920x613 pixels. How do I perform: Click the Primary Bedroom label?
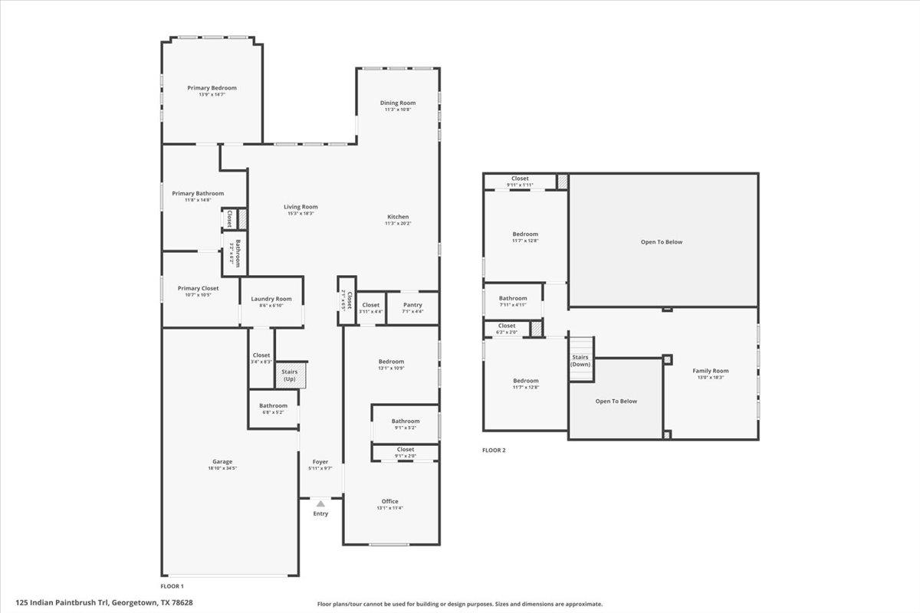click(x=212, y=88)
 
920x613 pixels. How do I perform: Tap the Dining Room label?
click(x=398, y=103)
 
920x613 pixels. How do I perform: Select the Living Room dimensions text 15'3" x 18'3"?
click(x=301, y=214)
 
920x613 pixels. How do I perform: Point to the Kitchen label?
click(x=398, y=217)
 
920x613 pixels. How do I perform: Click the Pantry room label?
click(x=412, y=305)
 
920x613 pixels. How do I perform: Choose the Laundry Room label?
click(x=272, y=299)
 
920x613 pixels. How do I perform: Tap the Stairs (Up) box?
click(x=290, y=375)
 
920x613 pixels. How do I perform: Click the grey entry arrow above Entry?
click(x=320, y=503)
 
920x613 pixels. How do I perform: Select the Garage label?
click(x=222, y=462)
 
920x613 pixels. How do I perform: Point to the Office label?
click(x=390, y=501)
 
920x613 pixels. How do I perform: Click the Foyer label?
click(x=320, y=462)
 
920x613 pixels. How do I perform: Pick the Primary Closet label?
click(x=199, y=288)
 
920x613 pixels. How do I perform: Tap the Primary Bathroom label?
click(x=198, y=193)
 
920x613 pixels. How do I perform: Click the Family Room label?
click(x=711, y=371)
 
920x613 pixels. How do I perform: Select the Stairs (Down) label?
click(x=580, y=360)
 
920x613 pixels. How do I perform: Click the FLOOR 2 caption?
click(x=494, y=451)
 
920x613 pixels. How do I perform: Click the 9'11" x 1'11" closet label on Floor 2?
click(x=520, y=185)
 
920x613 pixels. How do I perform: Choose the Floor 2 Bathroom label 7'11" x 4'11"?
click(x=513, y=304)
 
